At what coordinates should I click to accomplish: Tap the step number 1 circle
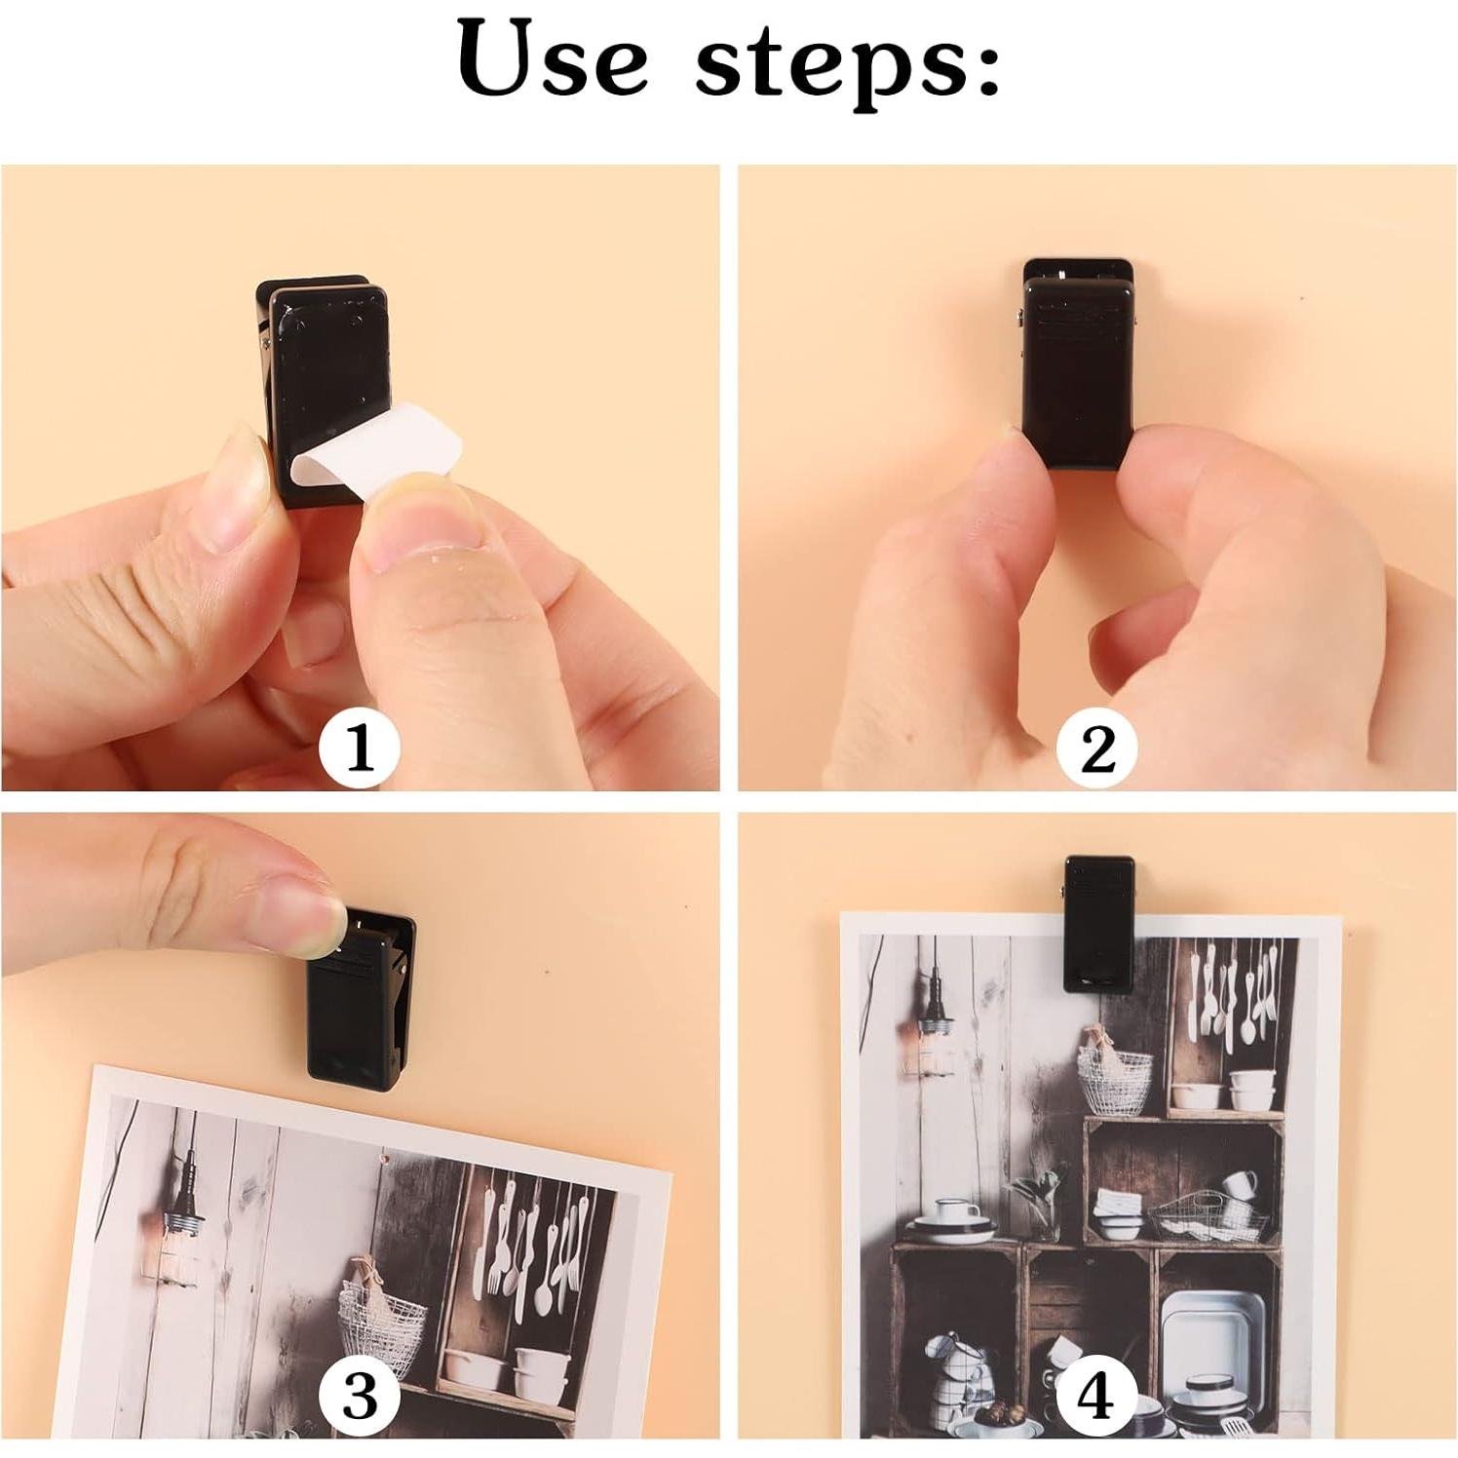pyautogui.click(x=360, y=748)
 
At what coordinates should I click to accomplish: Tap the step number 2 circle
pyautogui.click(x=1097, y=748)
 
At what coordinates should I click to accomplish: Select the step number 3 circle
pyautogui.click(x=360, y=1395)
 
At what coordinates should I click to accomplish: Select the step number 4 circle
pyautogui.click(x=1095, y=1395)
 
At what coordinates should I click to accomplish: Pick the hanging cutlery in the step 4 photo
pyautogui.click(x=1233, y=999)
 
